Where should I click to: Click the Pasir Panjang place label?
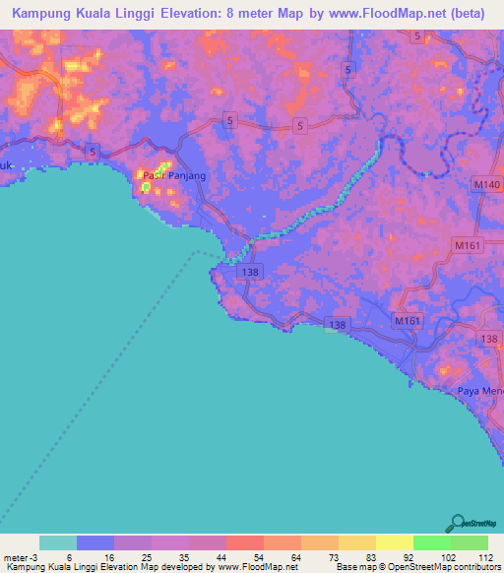coord(174,175)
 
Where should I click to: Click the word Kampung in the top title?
coord(36,13)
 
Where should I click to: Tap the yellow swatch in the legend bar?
coord(394,542)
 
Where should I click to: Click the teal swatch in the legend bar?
coord(58,542)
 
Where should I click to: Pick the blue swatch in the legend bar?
coord(95,542)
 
